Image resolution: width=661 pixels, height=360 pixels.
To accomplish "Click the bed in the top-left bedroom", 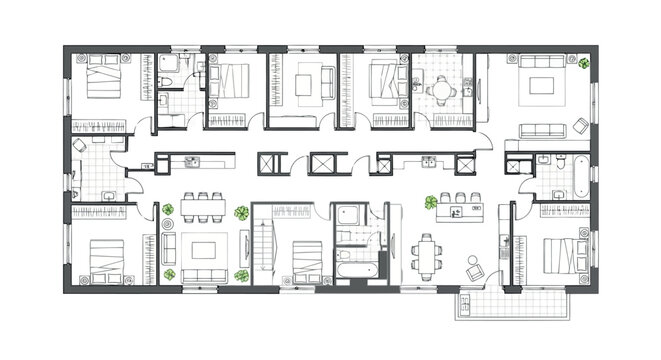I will click(x=104, y=78).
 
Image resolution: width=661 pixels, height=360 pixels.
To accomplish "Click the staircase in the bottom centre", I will click(x=264, y=246).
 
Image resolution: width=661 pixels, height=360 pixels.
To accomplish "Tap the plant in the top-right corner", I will click(x=583, y=63).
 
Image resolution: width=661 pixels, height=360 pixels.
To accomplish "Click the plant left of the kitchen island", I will click(x=431, y=202).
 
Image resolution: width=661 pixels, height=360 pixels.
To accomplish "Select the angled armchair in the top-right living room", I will click(x=580, y=126).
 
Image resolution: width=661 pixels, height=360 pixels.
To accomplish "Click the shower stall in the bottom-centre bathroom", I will click(x=349, y=215).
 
